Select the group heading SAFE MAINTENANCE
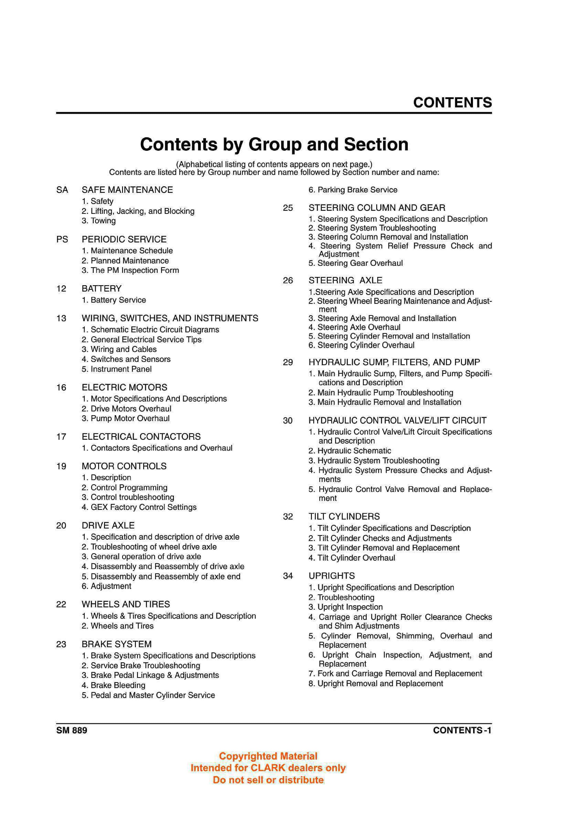pos(127,190)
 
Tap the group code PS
pos(62,240)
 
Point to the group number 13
pos(61,318)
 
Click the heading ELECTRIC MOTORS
pos(124,387)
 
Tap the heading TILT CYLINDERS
pos(344,517)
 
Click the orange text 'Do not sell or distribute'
pos(268,780)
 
